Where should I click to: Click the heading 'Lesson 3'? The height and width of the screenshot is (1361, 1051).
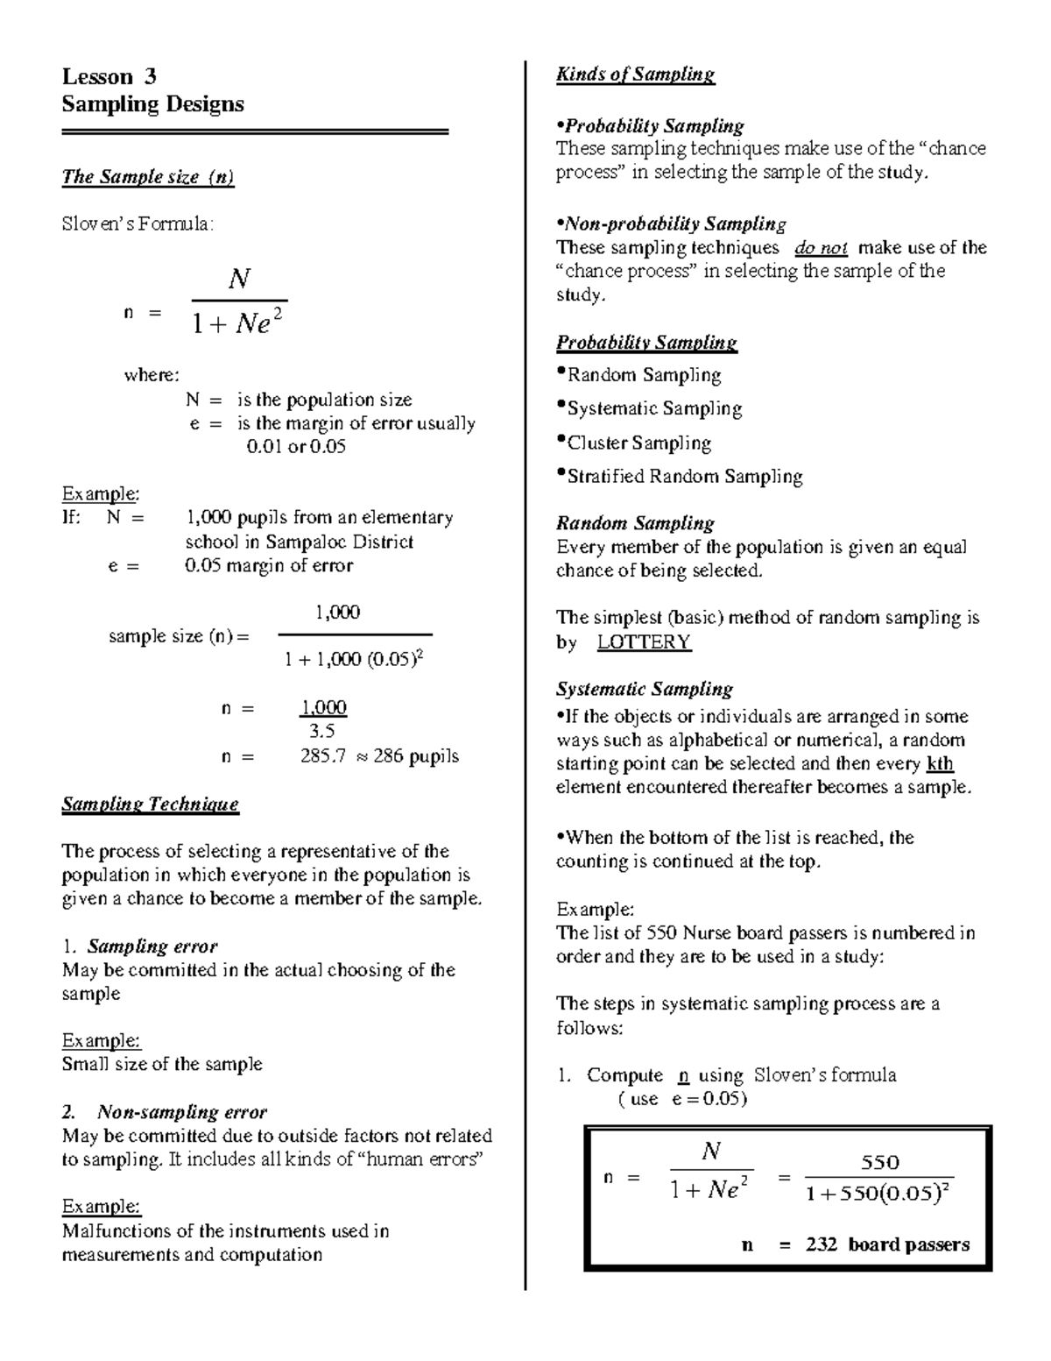[109, 77]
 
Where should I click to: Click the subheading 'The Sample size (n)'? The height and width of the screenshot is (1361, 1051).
[148, 177]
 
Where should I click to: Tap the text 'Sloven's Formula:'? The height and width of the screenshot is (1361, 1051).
[137, 224]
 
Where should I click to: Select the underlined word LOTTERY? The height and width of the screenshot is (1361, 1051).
[644, 642]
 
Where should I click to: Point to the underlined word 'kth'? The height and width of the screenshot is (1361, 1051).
[940, 763]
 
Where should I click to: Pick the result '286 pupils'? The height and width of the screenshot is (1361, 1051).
[415, 756]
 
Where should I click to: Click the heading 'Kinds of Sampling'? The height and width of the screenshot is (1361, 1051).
[635, 74]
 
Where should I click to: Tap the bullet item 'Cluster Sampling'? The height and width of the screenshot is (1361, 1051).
[638, 443]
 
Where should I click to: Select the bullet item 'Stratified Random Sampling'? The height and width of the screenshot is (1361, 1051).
[684, 477]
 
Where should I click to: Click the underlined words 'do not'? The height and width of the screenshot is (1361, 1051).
[821, 248]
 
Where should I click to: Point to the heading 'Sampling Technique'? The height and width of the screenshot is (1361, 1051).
[150, 805]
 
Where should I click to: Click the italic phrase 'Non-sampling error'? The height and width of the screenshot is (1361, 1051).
[181, 1113]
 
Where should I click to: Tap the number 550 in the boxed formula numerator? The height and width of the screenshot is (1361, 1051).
[879, 1162]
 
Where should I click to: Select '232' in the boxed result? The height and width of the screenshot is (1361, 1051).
[822, 1244]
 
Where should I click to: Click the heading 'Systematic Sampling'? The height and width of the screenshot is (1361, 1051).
[644, 690]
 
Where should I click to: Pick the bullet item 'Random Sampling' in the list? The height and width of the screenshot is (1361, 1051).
[644, 376]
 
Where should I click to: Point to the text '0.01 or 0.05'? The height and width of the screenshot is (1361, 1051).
[296, 447]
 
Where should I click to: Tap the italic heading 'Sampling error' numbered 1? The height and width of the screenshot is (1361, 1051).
[152, 946]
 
